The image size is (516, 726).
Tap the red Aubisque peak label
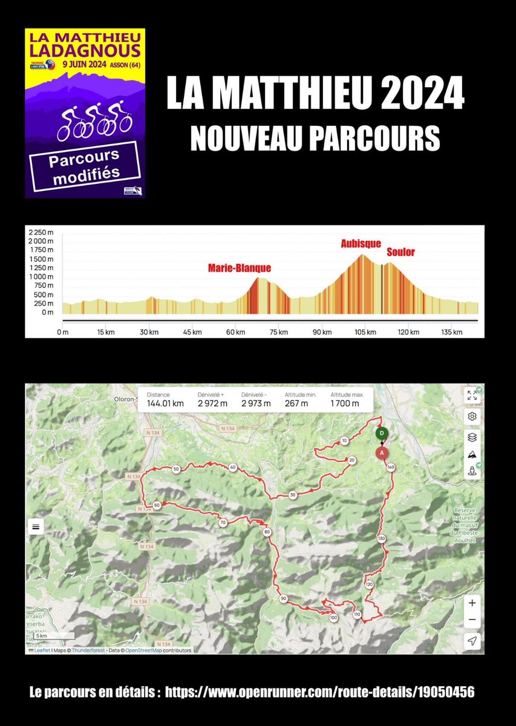[361, 243]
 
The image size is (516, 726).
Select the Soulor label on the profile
[400, 252]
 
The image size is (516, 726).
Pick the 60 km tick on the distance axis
[236, 332]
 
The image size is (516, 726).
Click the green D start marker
[382, 433]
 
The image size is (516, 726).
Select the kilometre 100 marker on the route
[333, 618]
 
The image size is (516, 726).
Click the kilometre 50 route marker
[176, 469]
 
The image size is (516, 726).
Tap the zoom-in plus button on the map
[472, 603]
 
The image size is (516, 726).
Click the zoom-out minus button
[472, 620]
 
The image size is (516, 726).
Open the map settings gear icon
[472, 416]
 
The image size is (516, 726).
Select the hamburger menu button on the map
[36, 526]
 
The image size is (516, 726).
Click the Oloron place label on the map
[127, 399]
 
